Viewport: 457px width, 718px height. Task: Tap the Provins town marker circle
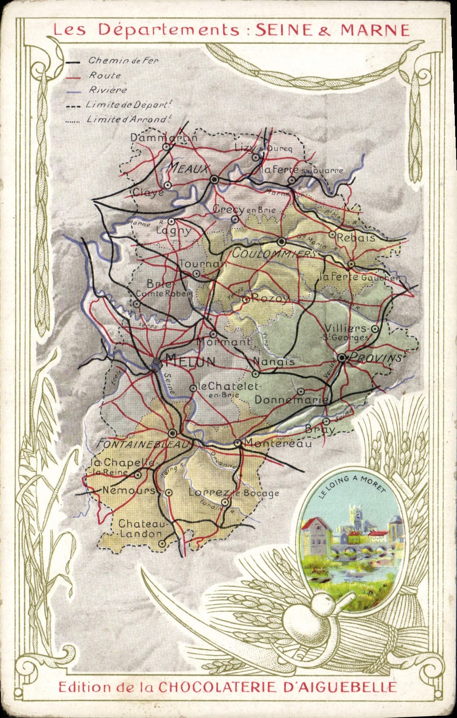tap(342, 358)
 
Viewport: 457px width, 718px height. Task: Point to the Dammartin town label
tap(164, 137)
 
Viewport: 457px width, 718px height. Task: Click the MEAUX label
tap(188, 169)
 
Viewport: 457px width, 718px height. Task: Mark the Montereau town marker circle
tap(237, 443)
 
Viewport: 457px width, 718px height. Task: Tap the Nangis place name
tap(274, 361)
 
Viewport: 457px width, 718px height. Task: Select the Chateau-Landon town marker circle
tap(162, 543)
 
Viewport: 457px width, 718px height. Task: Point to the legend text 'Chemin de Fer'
tap(123, 61)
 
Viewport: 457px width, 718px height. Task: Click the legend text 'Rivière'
tap(108, 90)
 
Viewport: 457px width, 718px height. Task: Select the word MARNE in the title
tap(375, 30)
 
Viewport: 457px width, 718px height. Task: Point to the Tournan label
tap(203, 264)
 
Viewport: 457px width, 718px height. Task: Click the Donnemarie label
tap(291, 399)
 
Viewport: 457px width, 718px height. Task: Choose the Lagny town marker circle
tap(172, 221)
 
